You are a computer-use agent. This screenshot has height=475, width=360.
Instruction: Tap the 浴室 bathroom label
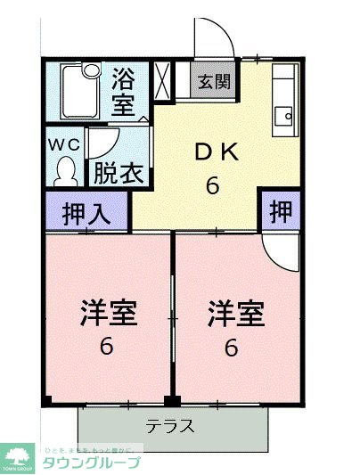pyautogui.click(x=124, y=91)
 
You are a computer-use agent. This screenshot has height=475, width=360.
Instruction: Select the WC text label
pyautogui.click(x=63, y=142)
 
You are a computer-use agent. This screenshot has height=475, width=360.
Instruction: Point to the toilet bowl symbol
pyautogui.click(x=65, y=169)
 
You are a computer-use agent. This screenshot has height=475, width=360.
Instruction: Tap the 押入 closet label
pyautogui.click(x=86, y=215)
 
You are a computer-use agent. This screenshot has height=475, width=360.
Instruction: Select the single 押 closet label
pyautogui.click(x=280, y=213)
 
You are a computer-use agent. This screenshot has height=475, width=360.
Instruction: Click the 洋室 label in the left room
pyautogui.click(x=108, y=313)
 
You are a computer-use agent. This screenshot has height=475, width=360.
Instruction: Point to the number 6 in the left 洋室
pyautogui.click(x=107, y=347)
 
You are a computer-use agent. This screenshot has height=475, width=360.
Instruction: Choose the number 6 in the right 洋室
pyautogui.click(x=232, y=347)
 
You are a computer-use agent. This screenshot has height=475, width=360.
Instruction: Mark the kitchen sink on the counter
pyautogui.click(x=285, y=114)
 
